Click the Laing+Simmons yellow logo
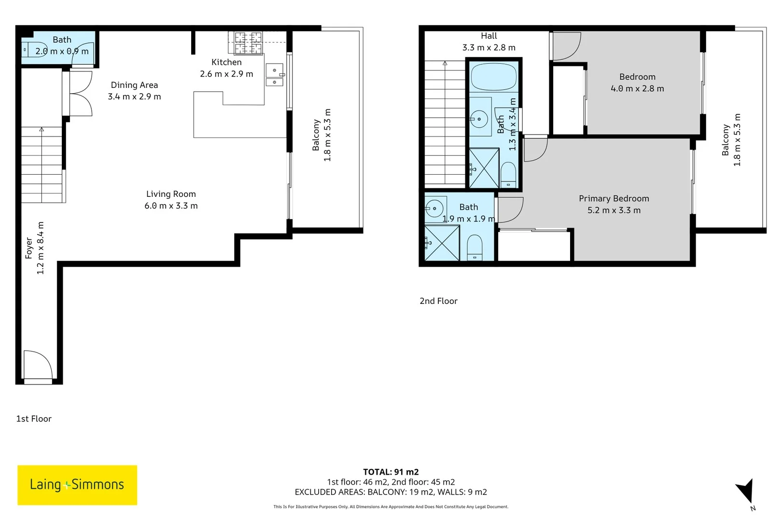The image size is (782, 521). [x=77, y=485]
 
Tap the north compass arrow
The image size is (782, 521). [x=745, y=491]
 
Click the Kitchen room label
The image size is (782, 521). [x=226, y=62]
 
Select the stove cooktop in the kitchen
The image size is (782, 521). [x=248, y=43]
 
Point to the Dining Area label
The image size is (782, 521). [x=134, y=85]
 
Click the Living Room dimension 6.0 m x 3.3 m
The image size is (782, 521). [x=171, y=206]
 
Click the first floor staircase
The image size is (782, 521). [x=42, y=164]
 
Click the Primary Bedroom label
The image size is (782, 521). [x=614, y=199]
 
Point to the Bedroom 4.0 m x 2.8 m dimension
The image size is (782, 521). [x=637, y=89]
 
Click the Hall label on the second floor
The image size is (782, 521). [x=489, y=36]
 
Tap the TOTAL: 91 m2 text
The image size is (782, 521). [x=391, y=472]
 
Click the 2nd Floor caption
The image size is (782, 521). [x=438, y=301]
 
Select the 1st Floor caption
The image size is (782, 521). [x=34, y=419]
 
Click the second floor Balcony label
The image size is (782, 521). [x=726, y=140]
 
